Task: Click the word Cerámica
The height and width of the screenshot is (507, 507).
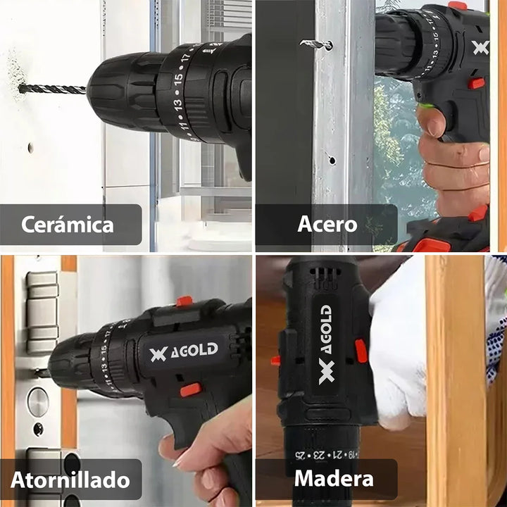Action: [x=67, y=225]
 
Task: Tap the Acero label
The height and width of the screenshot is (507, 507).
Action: [x=327, y=225]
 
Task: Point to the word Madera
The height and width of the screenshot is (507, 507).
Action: [x=334, y=480]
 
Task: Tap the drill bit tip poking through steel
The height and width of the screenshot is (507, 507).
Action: [x=315, y=44]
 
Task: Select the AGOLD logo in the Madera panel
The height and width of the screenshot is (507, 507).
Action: [x=325, y=344]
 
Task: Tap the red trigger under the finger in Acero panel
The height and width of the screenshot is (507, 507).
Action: [x=477, y=84]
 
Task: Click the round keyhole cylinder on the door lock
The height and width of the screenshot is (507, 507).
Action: [x=37, y=401]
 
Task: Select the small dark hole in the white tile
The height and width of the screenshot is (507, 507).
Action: [x=30, y=148]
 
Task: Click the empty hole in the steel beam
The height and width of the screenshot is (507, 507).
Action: [x=332, y=160]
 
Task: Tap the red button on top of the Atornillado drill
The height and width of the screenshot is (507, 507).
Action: [x=184, y=301]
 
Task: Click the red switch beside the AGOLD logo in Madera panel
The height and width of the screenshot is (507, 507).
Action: [x=361, y=351]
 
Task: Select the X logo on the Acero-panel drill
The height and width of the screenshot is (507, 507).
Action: [x=481, y=48]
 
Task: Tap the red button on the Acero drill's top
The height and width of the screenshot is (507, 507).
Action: [x=457, y=6]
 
